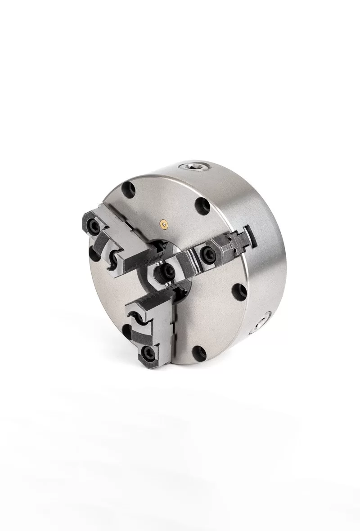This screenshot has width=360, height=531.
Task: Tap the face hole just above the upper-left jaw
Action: coord(127,188)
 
